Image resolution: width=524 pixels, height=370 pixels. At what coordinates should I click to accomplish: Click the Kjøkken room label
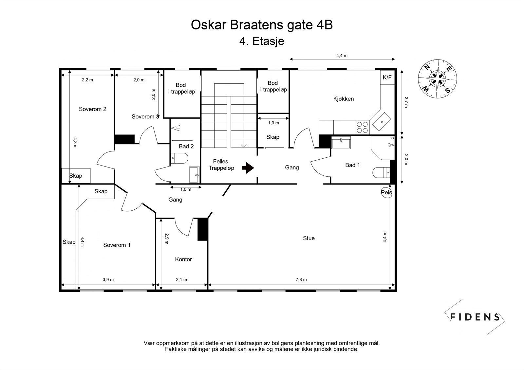coord(343,99)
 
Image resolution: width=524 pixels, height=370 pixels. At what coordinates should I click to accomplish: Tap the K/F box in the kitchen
coord(387,78)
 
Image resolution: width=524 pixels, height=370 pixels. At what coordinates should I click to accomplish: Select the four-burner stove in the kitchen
coord(362,127)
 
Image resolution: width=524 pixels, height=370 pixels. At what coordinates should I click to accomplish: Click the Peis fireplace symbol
coord(386,192)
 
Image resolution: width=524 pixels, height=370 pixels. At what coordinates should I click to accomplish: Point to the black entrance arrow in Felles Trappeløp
coord(248,168)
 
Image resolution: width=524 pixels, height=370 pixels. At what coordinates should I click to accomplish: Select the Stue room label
coord(309,238)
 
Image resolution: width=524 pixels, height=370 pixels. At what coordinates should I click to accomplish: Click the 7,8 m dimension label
coord(301,279)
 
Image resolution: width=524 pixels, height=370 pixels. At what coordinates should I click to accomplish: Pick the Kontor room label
coord(183,259)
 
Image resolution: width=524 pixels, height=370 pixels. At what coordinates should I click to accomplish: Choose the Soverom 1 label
coord(117,245)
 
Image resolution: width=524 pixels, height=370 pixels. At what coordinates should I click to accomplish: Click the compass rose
coord(438,79)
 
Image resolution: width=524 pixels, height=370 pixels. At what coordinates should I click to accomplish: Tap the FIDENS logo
coord(475,317)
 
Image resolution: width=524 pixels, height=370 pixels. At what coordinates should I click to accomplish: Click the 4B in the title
coord(325,25)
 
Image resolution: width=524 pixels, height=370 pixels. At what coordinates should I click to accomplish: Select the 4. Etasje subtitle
coord(262,41)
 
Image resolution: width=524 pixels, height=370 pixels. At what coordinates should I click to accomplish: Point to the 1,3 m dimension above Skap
coord(273,123)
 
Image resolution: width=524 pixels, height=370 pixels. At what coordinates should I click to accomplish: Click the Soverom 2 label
coord(93,109)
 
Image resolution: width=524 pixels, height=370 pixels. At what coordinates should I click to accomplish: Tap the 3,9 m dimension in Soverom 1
coord(108,279)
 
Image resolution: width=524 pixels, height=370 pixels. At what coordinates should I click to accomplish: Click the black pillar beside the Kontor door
coord(203,229)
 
